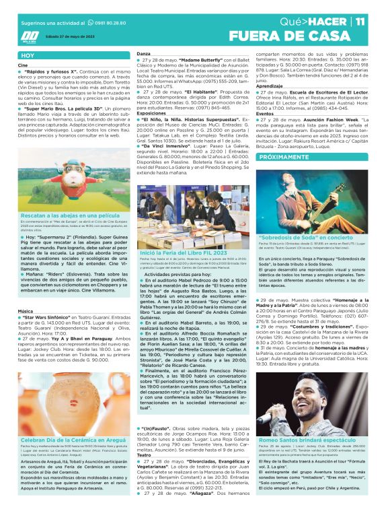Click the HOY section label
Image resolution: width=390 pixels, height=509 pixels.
click(x=28, y=56)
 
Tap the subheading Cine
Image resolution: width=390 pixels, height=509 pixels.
click(x=23, y=65)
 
